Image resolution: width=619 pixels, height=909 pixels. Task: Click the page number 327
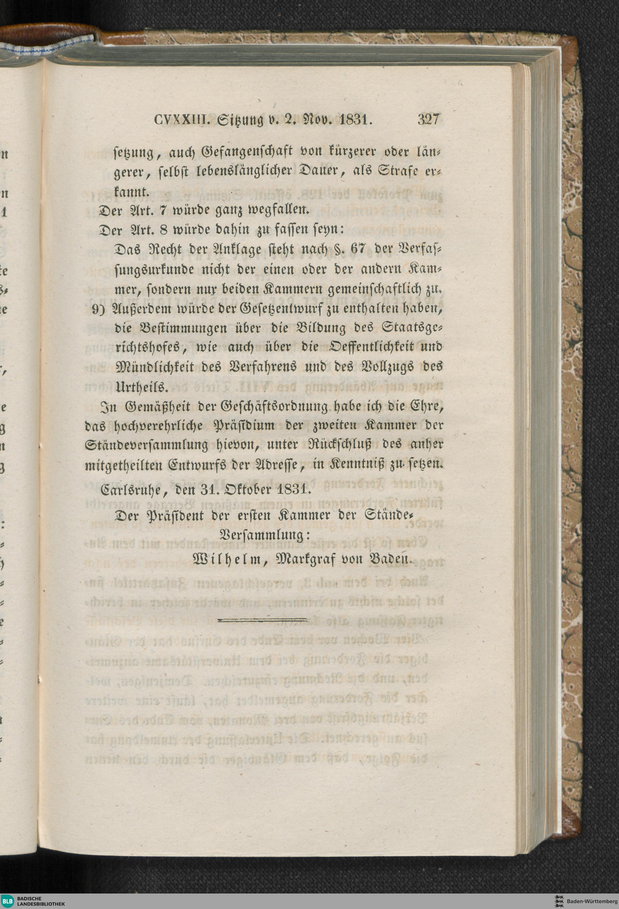tap(429, 119)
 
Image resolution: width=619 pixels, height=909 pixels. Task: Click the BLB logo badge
tap(7, 899)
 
